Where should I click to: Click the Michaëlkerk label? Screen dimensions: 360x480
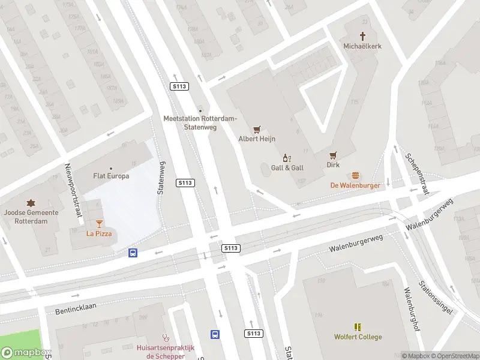pos(362,46)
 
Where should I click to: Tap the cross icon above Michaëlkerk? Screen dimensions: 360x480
pos(362,36)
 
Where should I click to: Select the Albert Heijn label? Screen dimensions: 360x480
pos(257,139)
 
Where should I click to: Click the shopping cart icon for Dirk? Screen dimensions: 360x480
pos(333,155)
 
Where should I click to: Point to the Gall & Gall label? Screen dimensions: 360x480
pos(287,168)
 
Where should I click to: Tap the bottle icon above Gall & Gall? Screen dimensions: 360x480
pos(287,158)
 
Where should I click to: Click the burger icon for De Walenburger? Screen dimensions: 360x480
pos(355,176)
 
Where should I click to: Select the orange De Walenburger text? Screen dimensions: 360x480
pos(355,185)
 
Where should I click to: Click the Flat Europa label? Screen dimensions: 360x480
pos(111,176)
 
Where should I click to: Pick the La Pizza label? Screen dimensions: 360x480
pos(99,233)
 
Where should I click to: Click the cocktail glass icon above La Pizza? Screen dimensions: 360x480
pos(99,223)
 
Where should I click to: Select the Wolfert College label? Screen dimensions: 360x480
pos(358,337)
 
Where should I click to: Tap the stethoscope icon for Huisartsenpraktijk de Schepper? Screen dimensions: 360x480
pos(166,338)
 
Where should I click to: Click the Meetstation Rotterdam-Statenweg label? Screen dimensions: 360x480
pos(200,122)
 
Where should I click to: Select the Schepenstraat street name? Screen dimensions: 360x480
pos(417,174)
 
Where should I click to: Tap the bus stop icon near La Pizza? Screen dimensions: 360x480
pos(133,253)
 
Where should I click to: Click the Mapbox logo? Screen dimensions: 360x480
pos(26,353)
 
